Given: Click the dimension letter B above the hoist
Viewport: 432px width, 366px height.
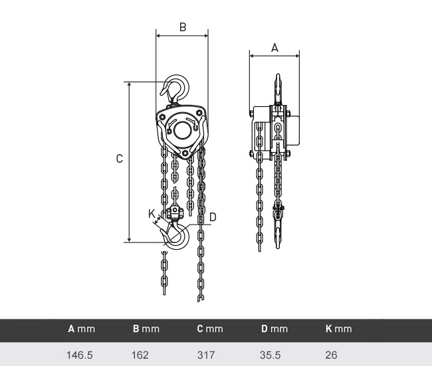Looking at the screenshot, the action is [183, 27].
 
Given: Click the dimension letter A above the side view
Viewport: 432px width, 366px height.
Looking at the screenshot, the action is [274, 48].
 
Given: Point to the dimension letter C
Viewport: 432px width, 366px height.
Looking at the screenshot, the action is [119, 159].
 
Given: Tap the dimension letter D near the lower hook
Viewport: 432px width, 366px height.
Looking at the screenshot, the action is [213, 217].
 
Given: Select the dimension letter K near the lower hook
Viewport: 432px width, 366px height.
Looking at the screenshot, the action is [152, 213].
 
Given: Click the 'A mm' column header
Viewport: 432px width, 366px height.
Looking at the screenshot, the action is [81, 329].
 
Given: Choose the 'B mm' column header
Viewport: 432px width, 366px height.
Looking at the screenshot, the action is [146, 329].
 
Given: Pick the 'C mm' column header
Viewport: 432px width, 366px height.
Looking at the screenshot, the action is [210, 329].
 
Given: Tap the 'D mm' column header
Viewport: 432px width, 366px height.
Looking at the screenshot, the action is [274, 329].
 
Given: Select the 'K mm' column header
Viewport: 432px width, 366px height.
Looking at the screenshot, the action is [338, 329].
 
